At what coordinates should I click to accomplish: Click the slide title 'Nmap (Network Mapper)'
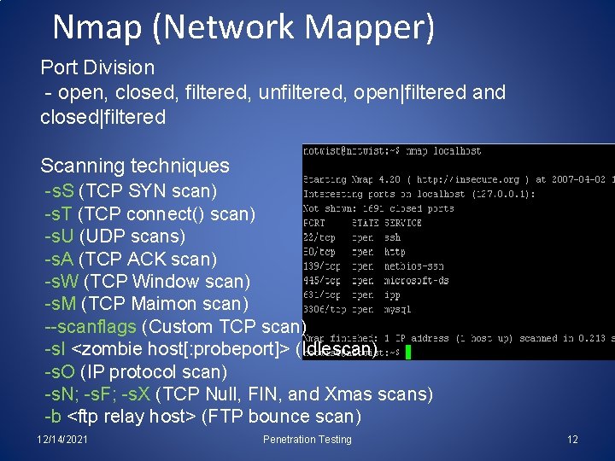click(x=243, y=27)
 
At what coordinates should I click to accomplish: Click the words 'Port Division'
click(x=97, y=67)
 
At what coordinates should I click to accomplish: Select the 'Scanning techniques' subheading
click(x=135, y=166)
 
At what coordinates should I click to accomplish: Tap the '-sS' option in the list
click(x=60, y=190)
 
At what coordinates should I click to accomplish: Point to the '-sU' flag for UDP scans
click(x=60, y=236)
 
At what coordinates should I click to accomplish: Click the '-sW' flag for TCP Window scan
click(x=61, y=281)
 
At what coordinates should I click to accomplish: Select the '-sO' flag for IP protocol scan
click(x=60, y=372)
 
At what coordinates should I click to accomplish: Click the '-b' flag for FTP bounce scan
click(x=53, y=417)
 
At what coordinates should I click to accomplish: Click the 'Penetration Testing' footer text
click(x=307, y=440)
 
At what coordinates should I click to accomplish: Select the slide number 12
click(x=572, y=440)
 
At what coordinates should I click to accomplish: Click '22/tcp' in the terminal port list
click(x=319, y=237)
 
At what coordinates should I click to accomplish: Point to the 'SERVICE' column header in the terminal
click(x=403, y=223)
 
